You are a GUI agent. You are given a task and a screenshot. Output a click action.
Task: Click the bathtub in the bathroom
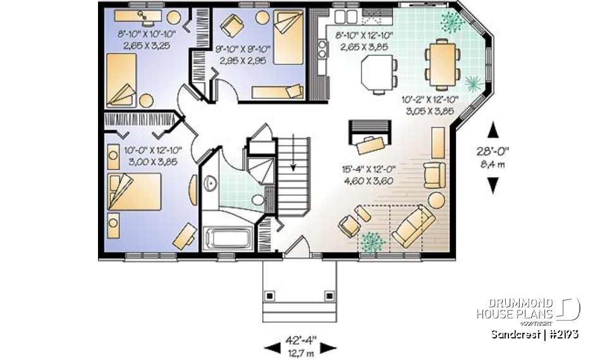coord(228,239)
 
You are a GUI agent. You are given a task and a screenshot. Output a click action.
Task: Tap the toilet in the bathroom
coord(257,201)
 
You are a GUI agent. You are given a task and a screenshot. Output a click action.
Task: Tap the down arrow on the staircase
coord(293,167)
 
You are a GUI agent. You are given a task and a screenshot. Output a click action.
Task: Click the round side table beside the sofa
coord(437,199)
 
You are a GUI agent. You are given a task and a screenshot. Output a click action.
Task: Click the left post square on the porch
coord(271,295)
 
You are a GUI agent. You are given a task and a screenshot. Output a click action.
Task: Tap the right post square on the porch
coord(329,295)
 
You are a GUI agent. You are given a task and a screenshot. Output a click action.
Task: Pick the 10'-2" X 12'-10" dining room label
coord(428,104)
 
